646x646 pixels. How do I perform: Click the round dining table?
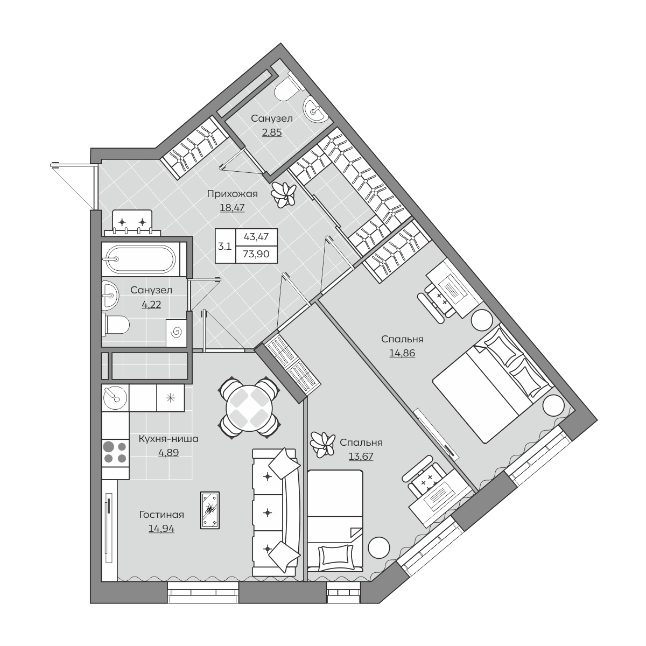249,408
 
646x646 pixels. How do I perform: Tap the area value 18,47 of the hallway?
233,207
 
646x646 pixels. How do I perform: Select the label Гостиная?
161,514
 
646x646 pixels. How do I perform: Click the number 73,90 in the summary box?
256,254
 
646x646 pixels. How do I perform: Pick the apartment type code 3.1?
224,247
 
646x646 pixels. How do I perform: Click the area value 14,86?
402,353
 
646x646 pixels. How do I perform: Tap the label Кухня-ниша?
168,439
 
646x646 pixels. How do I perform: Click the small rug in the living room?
210,510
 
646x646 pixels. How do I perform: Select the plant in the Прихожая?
284,194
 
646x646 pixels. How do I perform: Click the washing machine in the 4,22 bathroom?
177,333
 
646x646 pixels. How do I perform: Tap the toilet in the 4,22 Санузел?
116,325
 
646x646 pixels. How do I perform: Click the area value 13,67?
361,457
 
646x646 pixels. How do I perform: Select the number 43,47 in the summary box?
256,237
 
